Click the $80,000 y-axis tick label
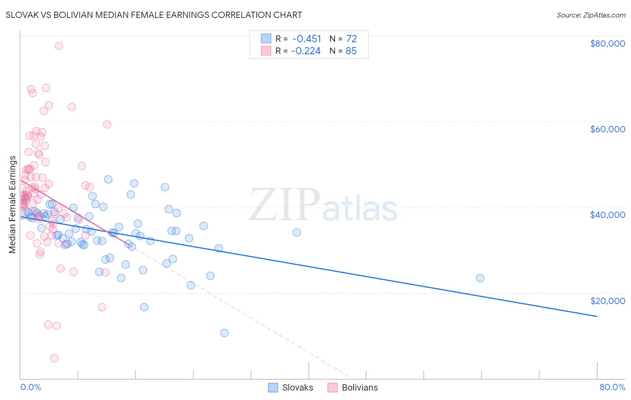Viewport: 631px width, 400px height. [607, 43]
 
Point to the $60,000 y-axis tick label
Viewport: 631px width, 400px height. [607, 129]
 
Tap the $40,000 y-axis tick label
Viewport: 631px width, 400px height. [607, 215]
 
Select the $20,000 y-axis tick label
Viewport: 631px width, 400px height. [607, 300]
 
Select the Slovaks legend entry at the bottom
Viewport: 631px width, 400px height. [291, 388]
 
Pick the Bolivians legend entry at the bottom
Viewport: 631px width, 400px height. [353, 388]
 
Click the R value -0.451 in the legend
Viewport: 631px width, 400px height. [307, 39]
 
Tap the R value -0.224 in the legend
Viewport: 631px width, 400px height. [306, 51]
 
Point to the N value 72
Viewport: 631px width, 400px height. [351, 39]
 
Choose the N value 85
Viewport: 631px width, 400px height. [351, 51]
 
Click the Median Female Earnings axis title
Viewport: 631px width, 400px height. [13, 204]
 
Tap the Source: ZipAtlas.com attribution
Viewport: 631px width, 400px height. [591, 15]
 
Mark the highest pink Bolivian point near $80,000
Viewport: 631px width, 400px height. [59, 46]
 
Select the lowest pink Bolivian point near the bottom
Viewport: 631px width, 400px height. [54, 358]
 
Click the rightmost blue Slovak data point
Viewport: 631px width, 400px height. [480, 278]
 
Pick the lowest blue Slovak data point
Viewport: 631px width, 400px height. [224, 333]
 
